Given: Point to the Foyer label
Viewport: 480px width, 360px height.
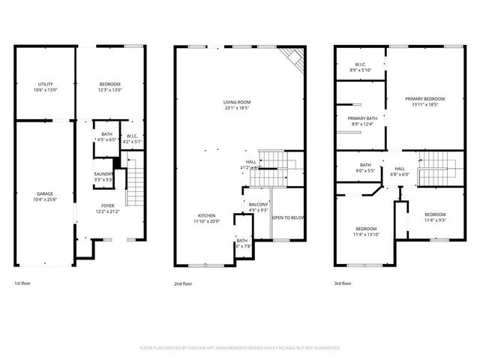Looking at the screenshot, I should pos(108,208).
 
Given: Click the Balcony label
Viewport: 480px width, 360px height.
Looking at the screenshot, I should pos(258,206).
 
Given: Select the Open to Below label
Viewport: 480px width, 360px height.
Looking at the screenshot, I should pos(288,217).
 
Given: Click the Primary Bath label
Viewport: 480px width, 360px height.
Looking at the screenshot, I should pos(361,121).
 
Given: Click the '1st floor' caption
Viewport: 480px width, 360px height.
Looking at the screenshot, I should pos(23,283).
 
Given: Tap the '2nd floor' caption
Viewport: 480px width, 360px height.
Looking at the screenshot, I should pos(183,283).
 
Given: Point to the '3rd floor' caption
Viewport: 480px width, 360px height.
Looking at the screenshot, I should pos(343,283).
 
